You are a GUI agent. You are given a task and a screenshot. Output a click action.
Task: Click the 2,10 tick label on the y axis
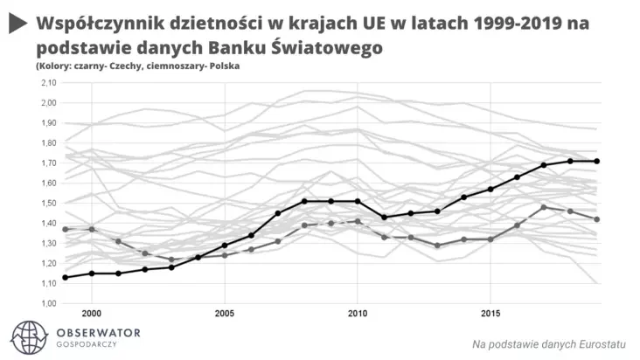[49, 83]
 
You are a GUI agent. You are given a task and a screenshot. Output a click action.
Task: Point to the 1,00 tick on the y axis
[49, 302]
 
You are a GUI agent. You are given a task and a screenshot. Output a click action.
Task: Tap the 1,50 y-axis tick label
[49, 203]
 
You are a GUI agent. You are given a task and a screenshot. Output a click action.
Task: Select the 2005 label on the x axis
[224, 312]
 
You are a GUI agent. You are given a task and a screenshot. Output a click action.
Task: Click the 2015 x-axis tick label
[490, 312]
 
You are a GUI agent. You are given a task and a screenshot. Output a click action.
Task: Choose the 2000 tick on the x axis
[91, 312]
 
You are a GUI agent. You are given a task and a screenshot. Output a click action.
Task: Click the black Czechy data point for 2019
[597, 161]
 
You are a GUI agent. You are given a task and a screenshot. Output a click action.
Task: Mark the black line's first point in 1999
[65, 277]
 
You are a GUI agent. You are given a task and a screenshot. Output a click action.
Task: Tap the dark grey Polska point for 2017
[544, 207]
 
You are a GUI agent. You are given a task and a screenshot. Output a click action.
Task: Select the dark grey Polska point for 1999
[65, 229]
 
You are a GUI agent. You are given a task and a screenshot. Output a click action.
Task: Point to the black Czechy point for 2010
[357, 201]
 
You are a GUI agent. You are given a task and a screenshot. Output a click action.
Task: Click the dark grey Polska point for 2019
[597, 219]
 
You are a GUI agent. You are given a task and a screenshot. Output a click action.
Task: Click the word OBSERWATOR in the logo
[98, 333]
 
